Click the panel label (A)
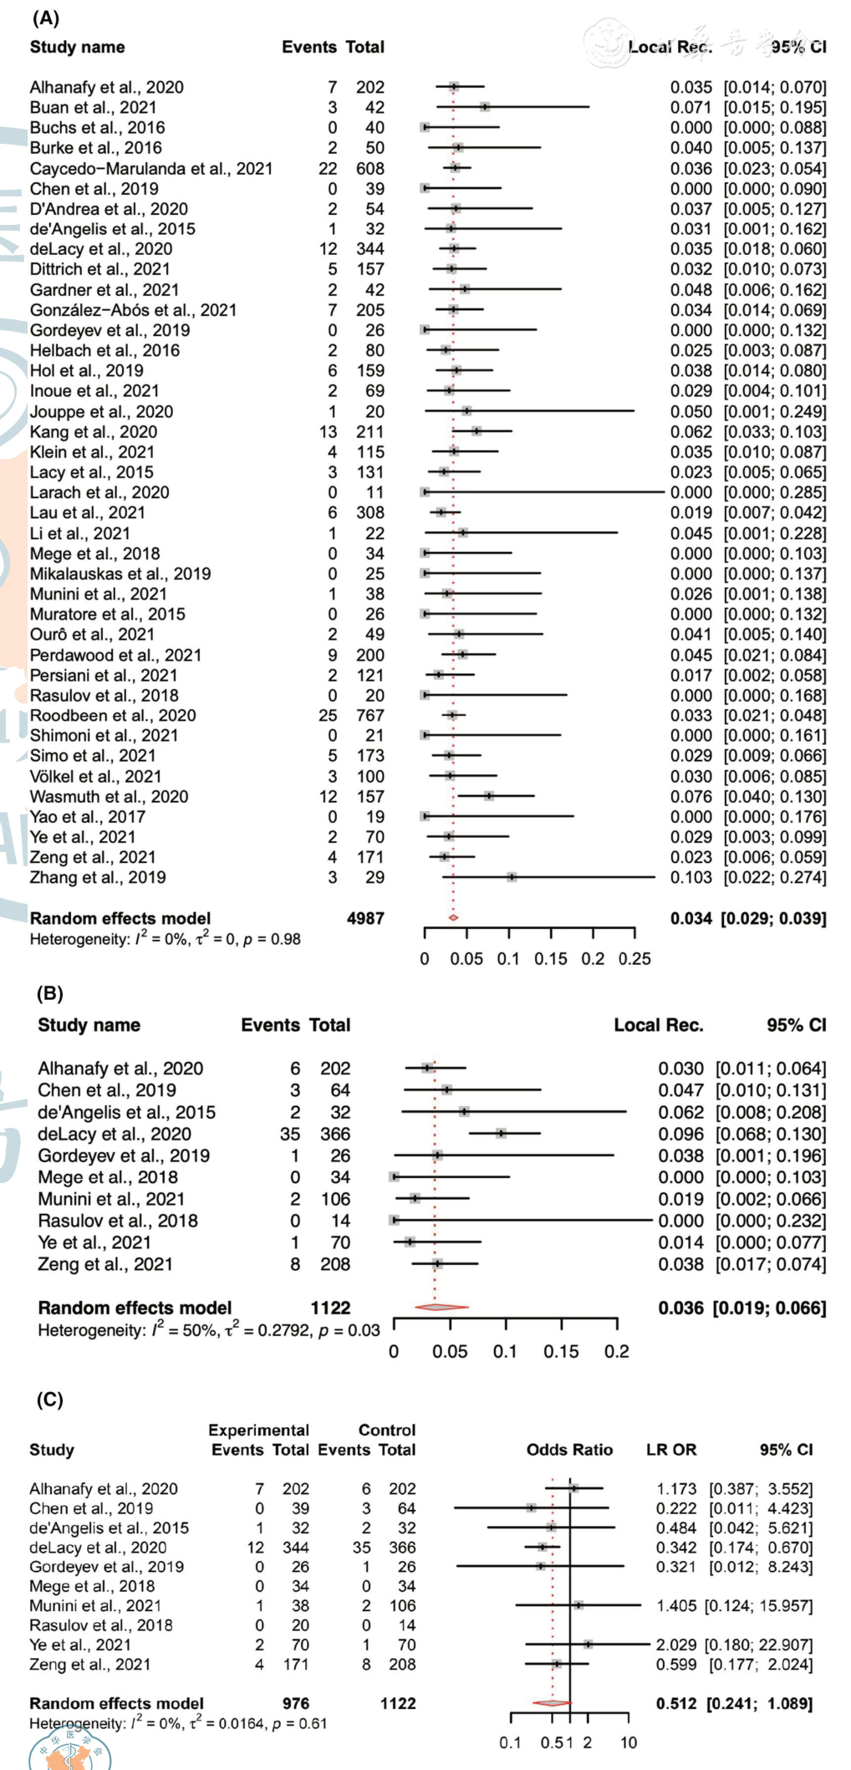tap(46, 18)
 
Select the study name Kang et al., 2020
tap(93, 431)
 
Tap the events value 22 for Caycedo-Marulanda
tap(328, 168)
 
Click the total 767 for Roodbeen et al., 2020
tap(369, 715)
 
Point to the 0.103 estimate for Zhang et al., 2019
tap(690, 877)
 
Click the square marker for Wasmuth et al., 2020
tap(489, 796)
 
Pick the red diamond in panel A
tap(453, 917)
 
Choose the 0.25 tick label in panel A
tap(634, 958)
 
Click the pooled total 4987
tap(365, 918)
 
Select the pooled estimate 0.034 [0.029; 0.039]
tap(747, 918)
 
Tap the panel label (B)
tap(50, 993)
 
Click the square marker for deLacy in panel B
tap(501, 1134)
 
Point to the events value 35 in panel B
tap(290, 1134)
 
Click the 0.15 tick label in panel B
tap(560, 1351)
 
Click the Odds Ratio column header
tap(569, 1450)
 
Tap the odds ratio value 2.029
tap(675, 1645)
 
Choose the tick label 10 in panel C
tap(628, 1742)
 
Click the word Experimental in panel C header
tap(258, 1430)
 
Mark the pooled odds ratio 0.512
tap(676, 1703)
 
